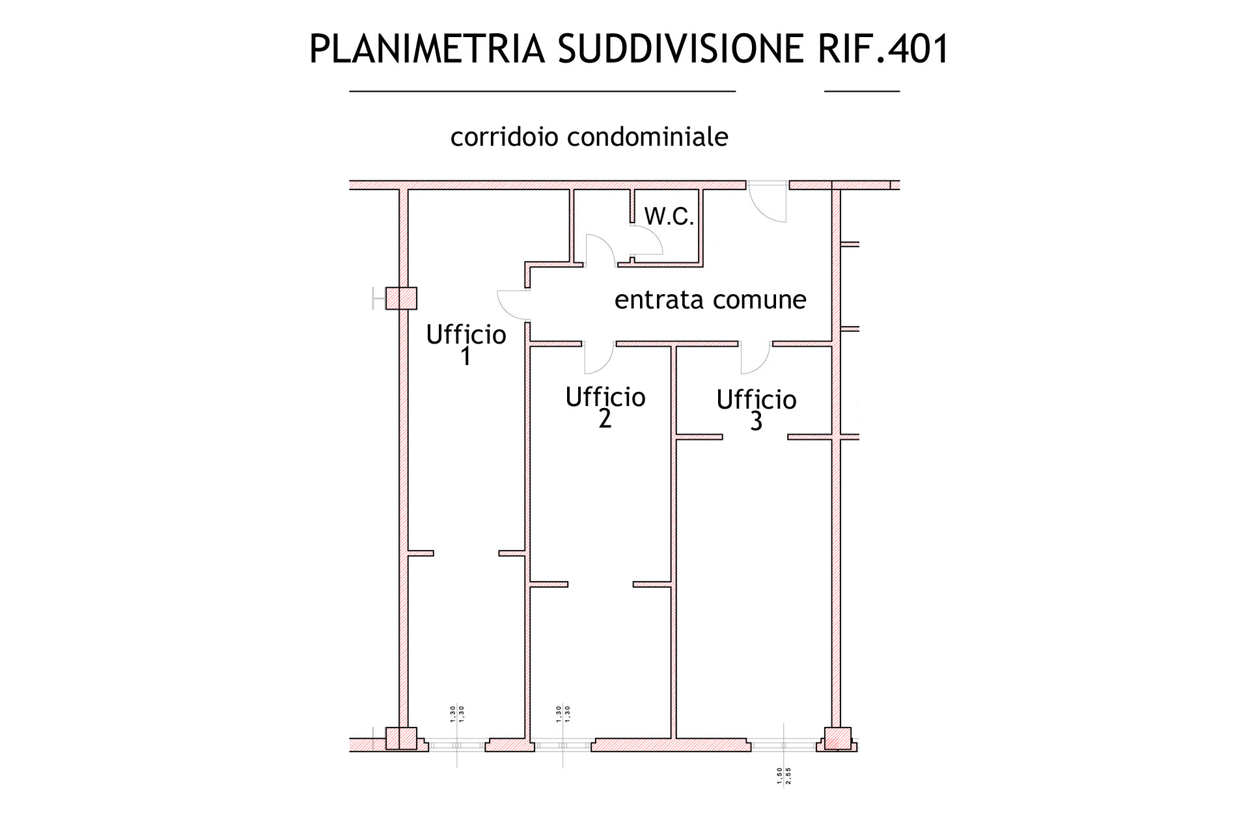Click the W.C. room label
pyautogui.click(x=669, y=217)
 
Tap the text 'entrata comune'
pyautogui.click(x=710, y=300)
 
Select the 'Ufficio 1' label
pyautogui.click(x=466, y=345)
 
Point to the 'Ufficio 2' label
pyautogui.click(x=605, y=407)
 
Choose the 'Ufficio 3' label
pyautogui.click(x=757, y=410)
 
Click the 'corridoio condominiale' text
pyautogui.click(x=589, y=137)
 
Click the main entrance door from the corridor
pyautogui.click(x=769, y=202)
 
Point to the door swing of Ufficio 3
pyautogui.click(x=755, y=359)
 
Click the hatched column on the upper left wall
pyautogui.click(x=401, y=299)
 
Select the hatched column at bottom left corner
pyautogui.click(x=401, y=739)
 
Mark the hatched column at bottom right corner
pyautogui.click(x=838, y=739)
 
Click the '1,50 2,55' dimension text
pyautogui.click(x=784, y=776)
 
